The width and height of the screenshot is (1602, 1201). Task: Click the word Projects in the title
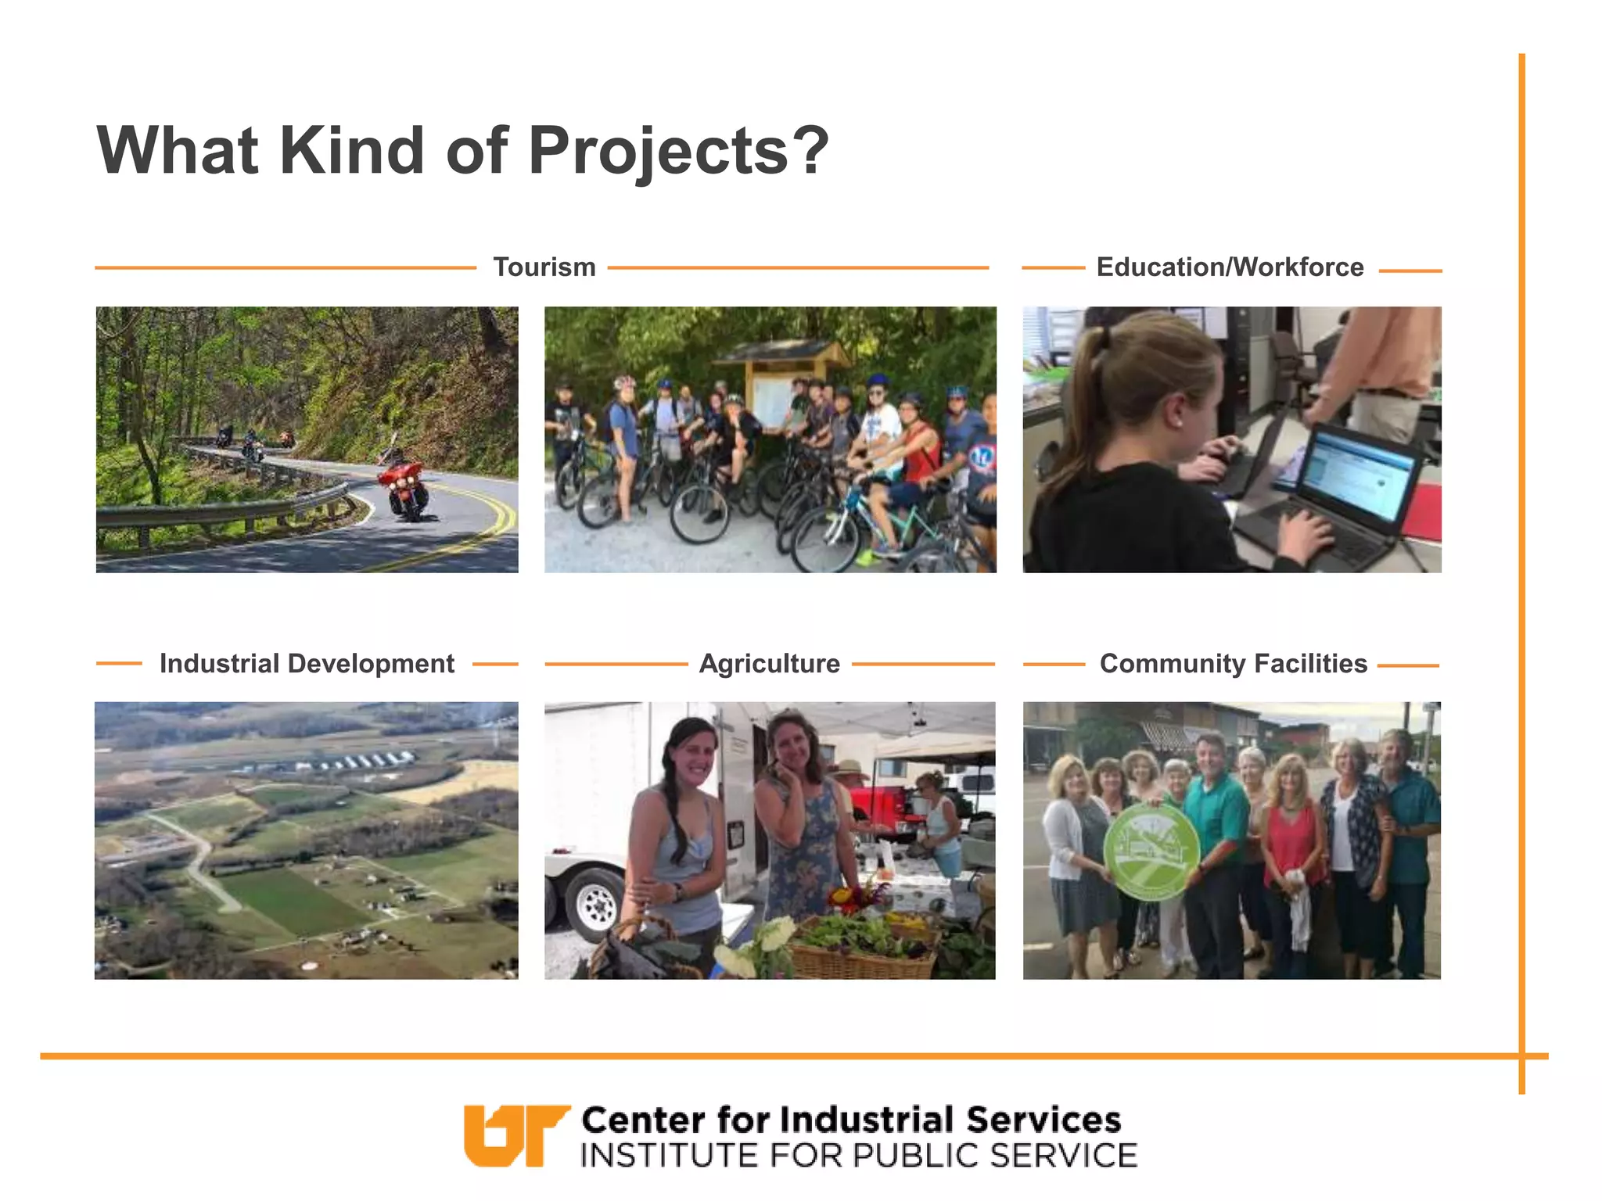click(x=659, y=150)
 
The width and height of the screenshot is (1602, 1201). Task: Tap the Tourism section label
click(x=544, y=267)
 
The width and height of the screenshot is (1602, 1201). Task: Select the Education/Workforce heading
click(x=1230, y=267)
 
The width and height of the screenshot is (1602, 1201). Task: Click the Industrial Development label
click(x=307, y=664)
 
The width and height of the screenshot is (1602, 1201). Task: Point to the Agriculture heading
click(x=769, y=664)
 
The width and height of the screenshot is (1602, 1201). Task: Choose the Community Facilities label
click(x=1233, y=664)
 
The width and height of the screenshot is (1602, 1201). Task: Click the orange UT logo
click(x=514, y=1135)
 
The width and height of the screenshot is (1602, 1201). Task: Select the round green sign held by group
click(x=1151, y=852)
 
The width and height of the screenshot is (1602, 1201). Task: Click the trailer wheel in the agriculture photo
click(x=596, y=903)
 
